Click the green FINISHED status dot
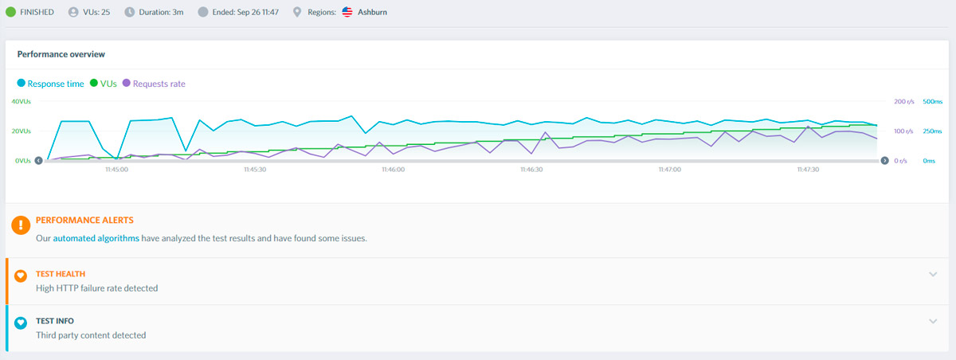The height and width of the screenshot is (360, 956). point(10,12)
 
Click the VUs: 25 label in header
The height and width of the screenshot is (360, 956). point(96,12)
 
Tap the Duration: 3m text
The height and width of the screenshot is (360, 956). point(161,12)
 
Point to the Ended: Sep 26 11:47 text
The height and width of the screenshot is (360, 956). point(245,12)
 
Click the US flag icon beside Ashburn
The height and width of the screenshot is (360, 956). point(347,12)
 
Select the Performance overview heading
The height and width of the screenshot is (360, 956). point(61,54)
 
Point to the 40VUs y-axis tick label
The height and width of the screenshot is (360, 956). point(21,101)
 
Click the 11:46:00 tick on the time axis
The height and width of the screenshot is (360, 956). point(393,170)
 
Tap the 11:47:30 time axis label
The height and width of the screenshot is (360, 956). point(808,170)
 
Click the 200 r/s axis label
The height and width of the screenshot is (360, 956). point(904,101)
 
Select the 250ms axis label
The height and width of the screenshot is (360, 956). point(932,131)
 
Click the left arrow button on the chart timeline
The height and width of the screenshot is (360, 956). point(38,160)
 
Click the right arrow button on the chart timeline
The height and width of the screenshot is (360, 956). point(885,160)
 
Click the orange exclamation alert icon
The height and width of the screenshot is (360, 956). point(21,225)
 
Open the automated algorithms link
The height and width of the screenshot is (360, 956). point(96,238)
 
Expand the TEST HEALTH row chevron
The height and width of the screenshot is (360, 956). point(933,274)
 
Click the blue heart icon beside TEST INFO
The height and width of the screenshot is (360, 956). point(21,323)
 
